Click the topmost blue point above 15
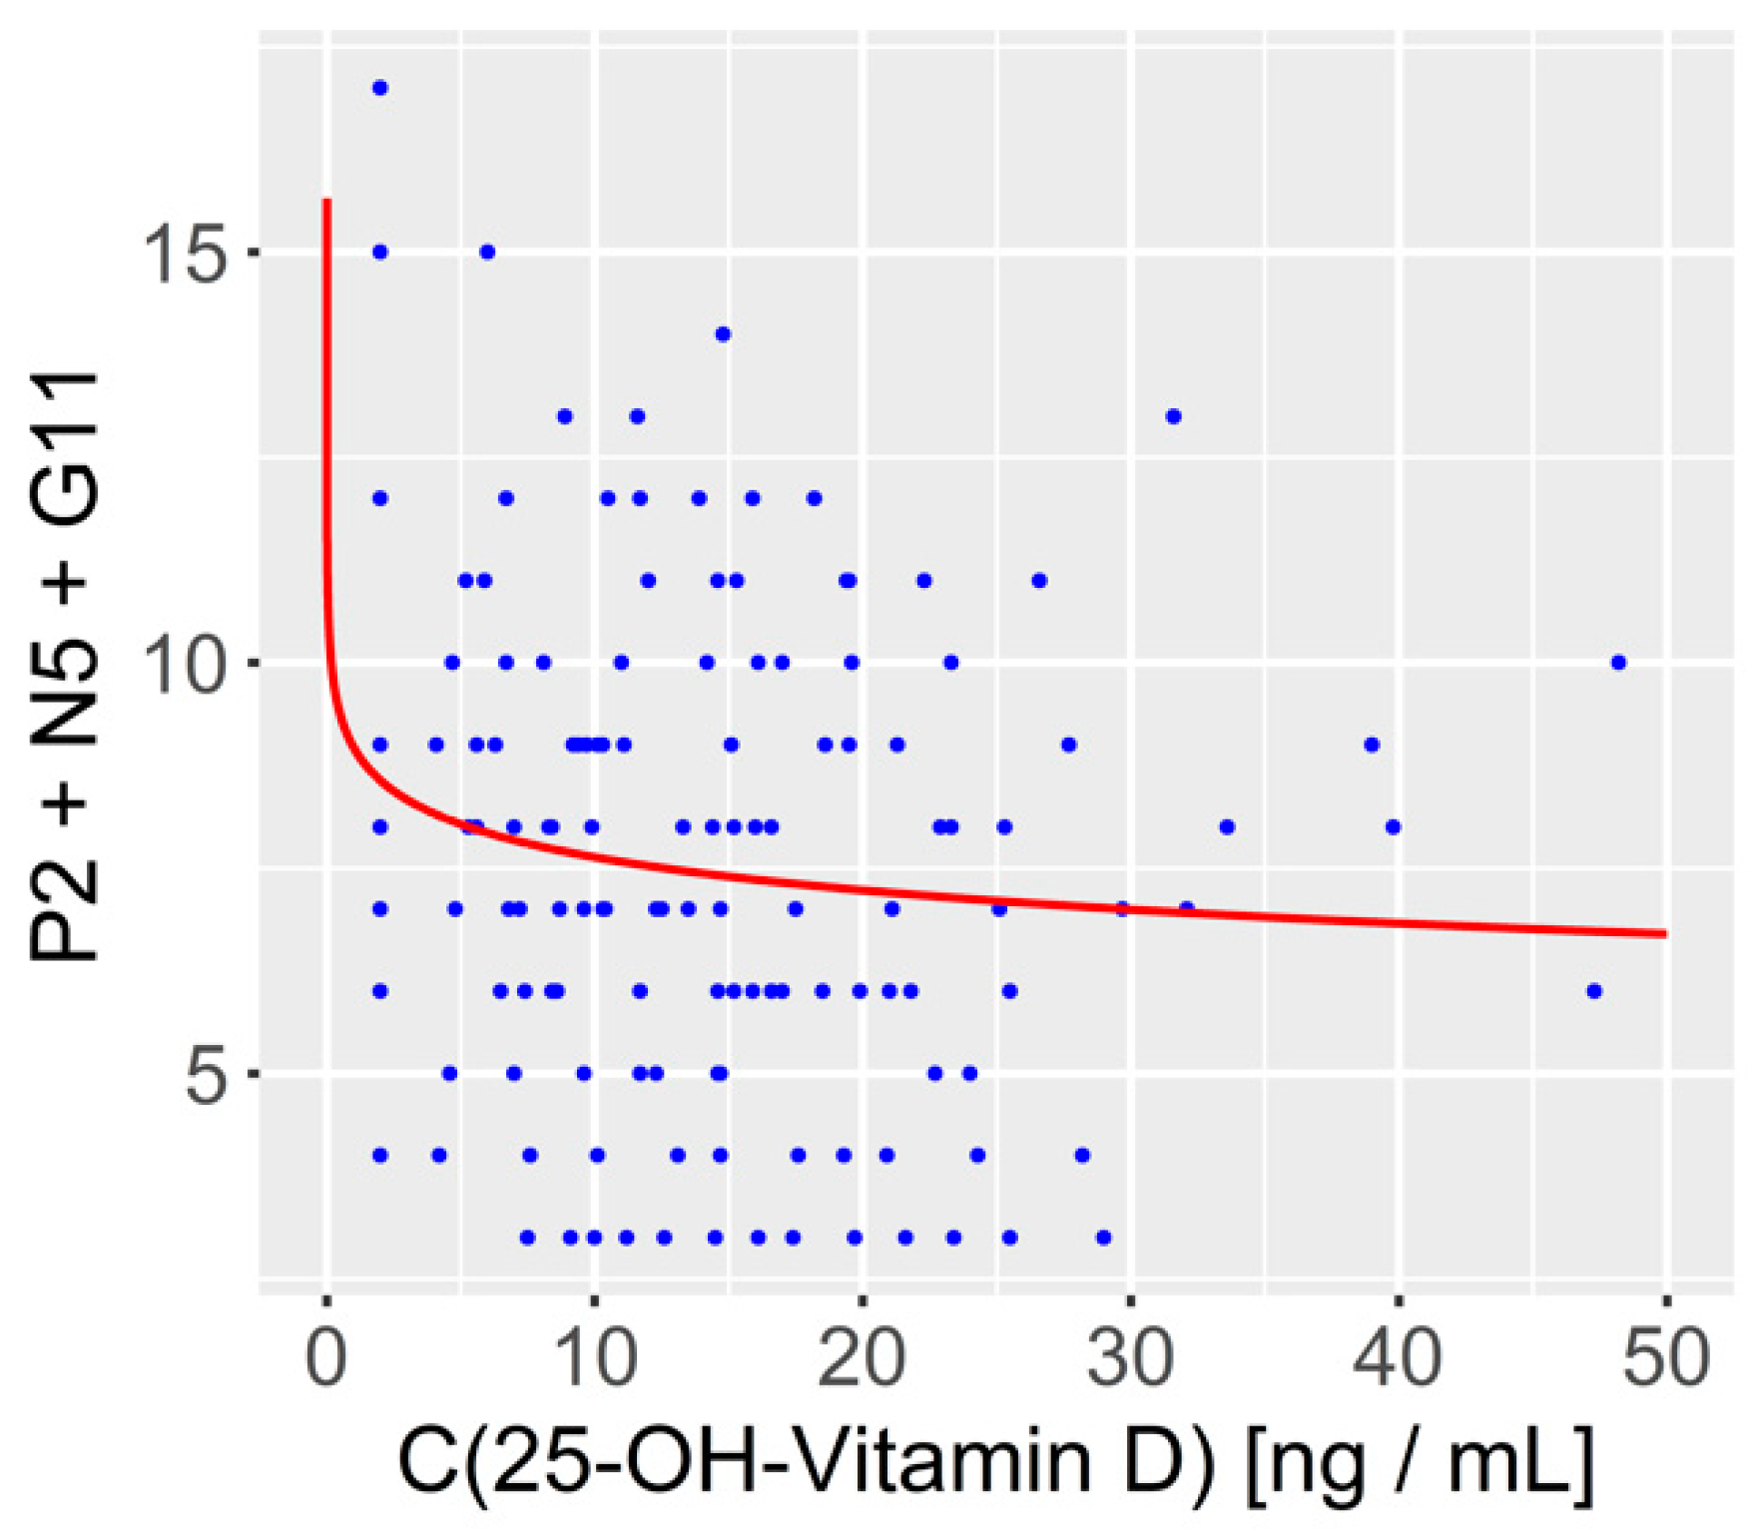coord(379,88)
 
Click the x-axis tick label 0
coord(326,1358)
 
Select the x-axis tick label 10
coord(594,1358)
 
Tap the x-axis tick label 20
coord(862,1358)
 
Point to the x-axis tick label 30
coord(1129,1358)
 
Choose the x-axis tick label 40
coord(1397,1358)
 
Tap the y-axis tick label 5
coord(208,1074)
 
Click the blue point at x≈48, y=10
coord(1618,663)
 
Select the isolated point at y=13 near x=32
coord(1174,416)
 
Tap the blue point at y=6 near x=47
coord(1593,991)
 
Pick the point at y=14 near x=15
coord(723,334)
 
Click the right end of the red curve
coord(1664,933)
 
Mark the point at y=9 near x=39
coord(1372,745)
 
